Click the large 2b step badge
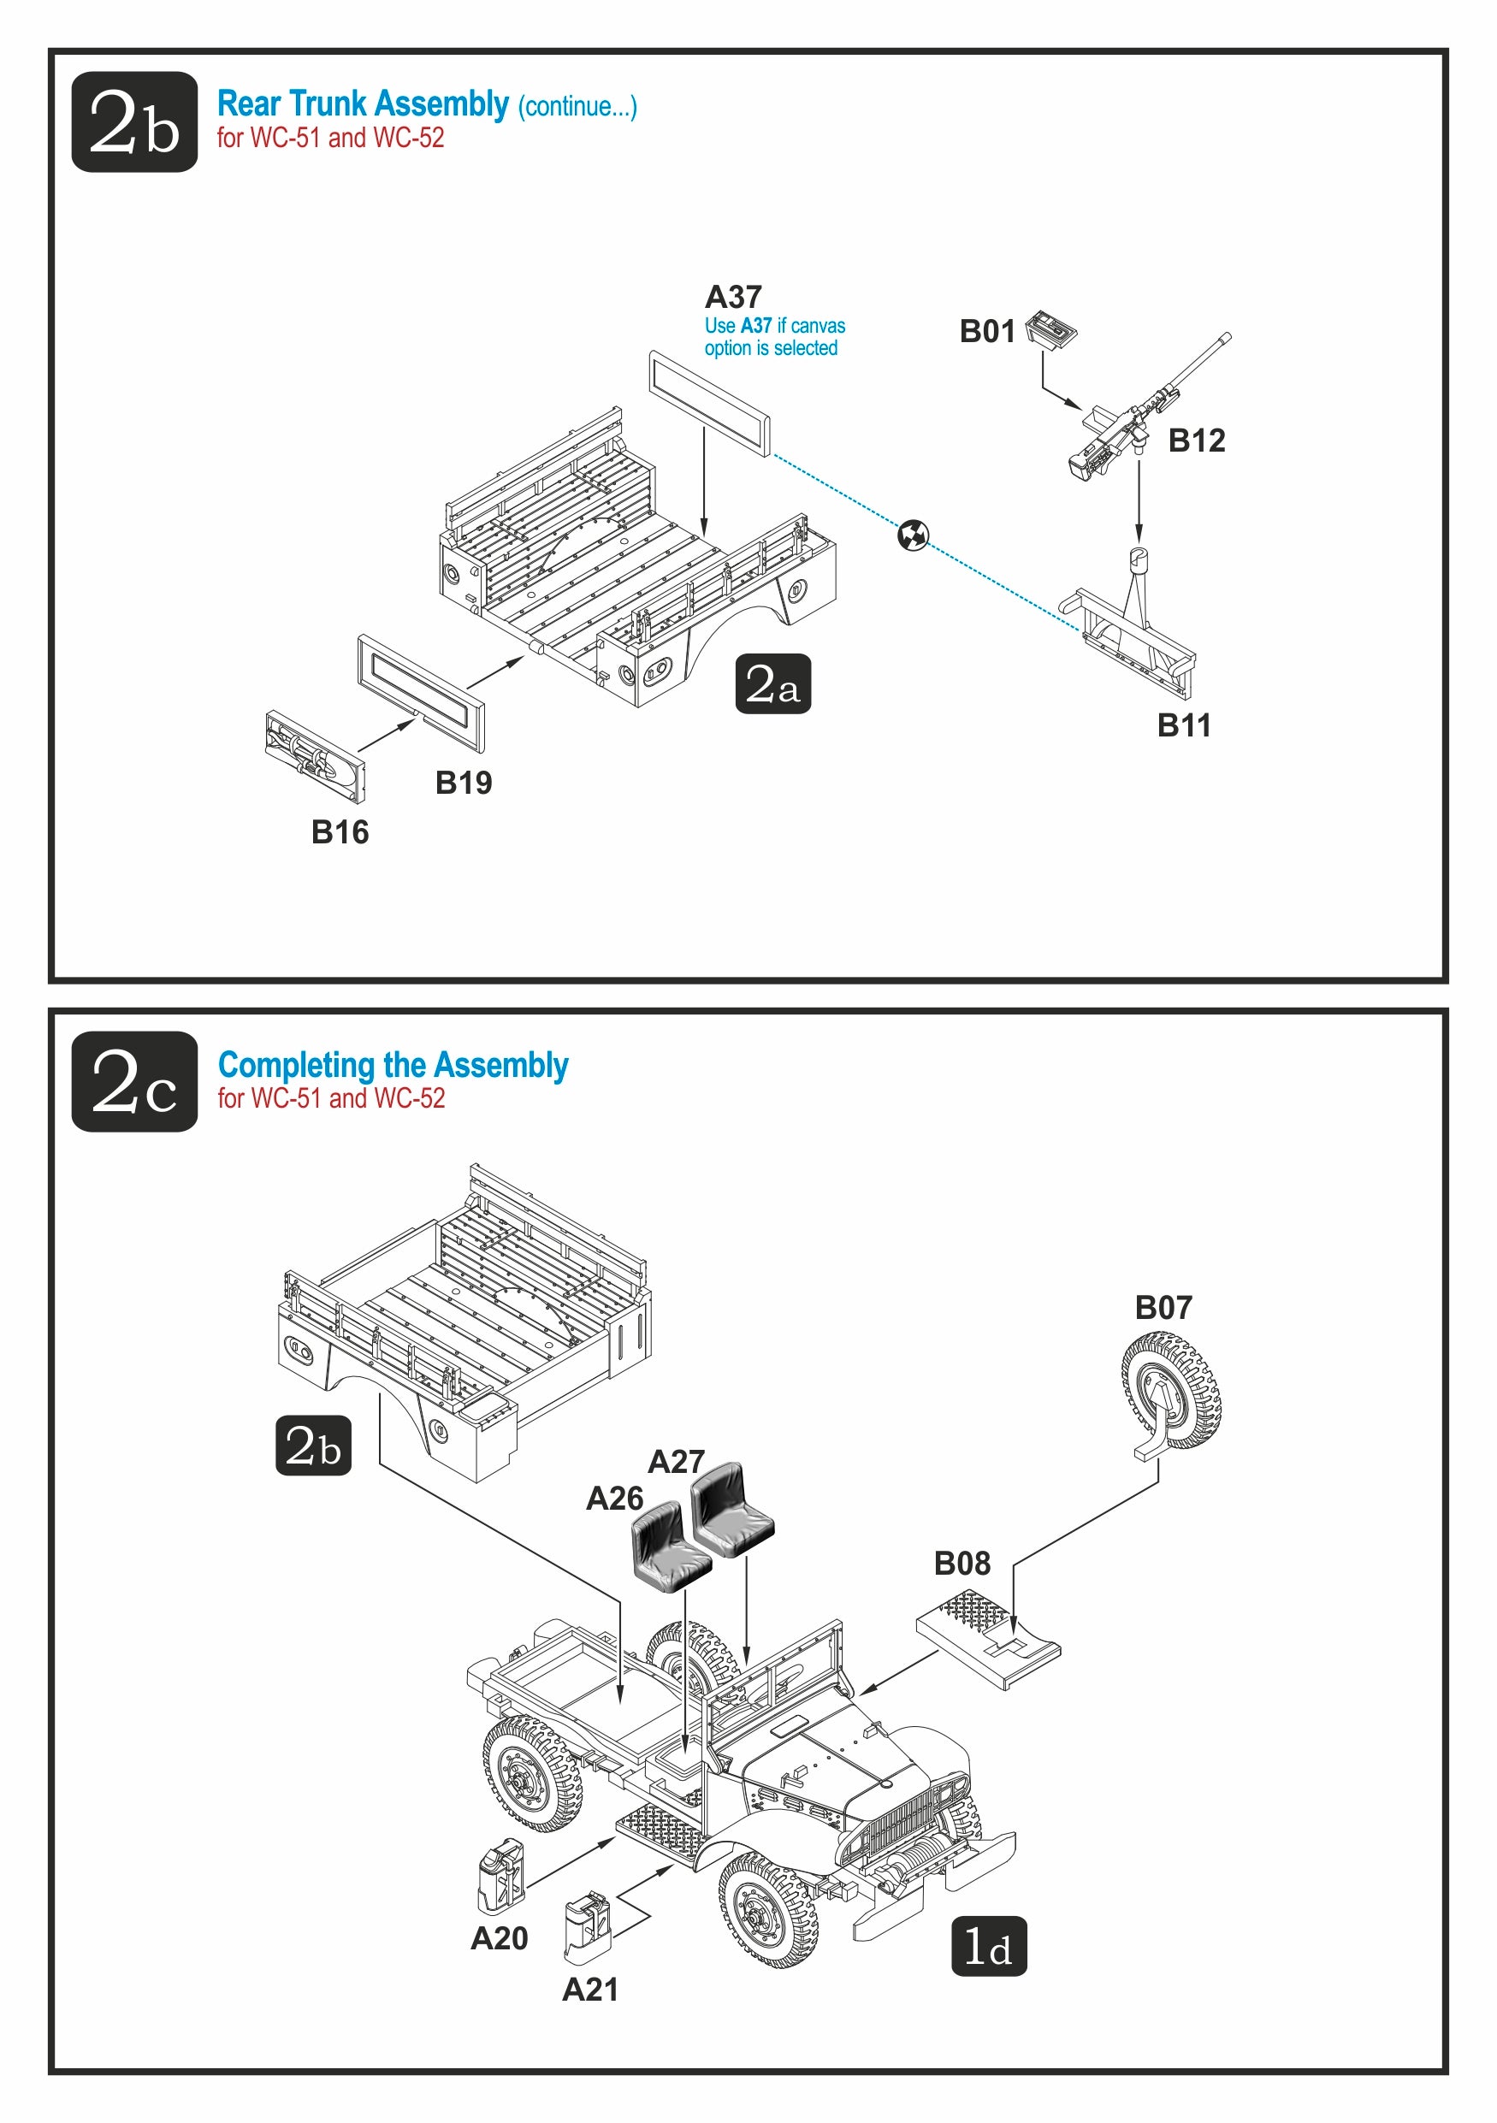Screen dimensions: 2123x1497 pos(134,122)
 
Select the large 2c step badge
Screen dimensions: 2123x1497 pos(134,1081)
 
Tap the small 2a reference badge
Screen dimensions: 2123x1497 pos(772,684)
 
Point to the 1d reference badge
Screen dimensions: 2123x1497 pos(988,1947)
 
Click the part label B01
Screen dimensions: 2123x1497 pos(986,331)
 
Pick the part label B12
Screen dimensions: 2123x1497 pos(1197,441)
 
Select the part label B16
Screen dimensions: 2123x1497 pos(340,832)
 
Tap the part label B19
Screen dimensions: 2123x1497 pos(464,784)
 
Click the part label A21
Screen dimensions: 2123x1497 pos(590,1989)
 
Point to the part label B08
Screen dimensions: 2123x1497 pos(962,1564)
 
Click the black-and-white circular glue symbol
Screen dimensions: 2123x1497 pos(913,535)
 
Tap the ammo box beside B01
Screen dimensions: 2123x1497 pos(1051,330)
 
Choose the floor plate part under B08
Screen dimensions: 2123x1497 pos(987,1637)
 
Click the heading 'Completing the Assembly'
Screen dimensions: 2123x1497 pos(393,1065)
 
